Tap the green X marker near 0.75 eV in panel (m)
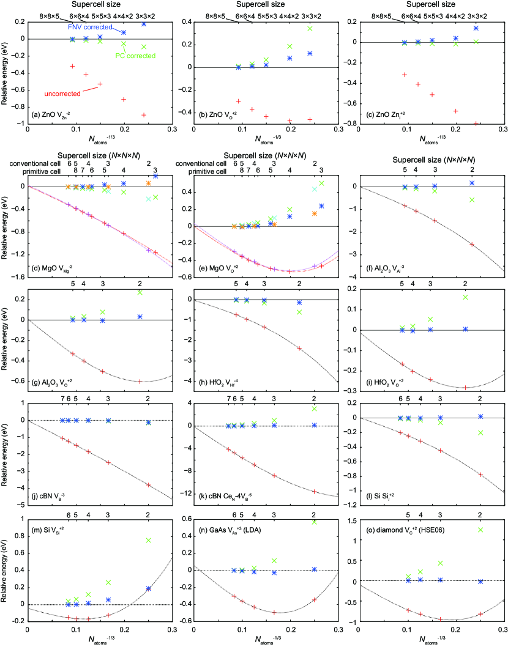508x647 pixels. (x=148, y=540)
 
